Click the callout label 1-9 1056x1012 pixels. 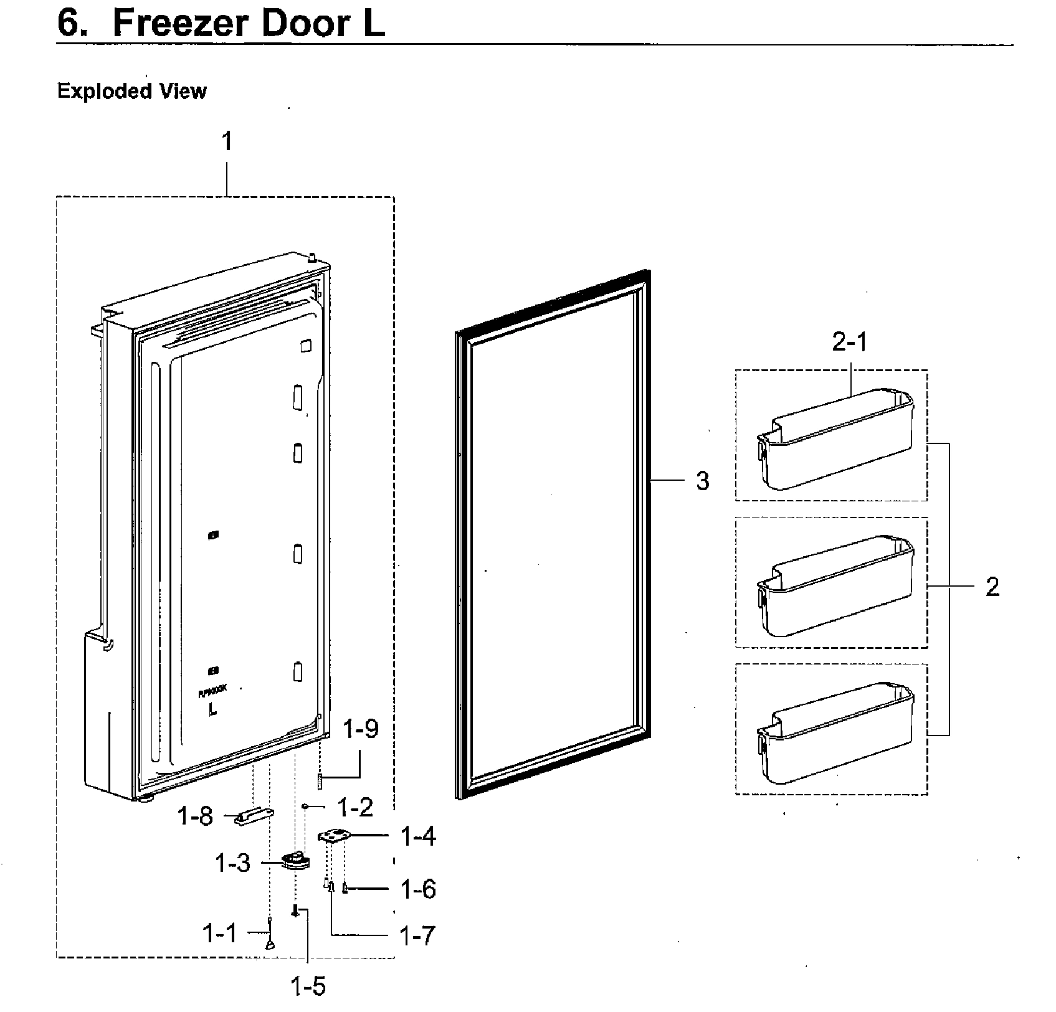point(361,728)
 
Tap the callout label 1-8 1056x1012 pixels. point(196,816)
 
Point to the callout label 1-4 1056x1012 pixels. point(417,836)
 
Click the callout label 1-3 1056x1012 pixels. point(232,863)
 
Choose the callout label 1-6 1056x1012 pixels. point(417,889)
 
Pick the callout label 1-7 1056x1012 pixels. point(417,935)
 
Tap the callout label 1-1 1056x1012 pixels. point(219,933)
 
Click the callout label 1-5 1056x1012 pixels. point(308,986)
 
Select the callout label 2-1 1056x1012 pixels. point(849,342)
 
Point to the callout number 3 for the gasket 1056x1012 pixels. point(702,481)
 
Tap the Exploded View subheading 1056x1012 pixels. point(131,92)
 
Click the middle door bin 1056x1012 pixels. point(835,585)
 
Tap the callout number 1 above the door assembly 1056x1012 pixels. point(227,142)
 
